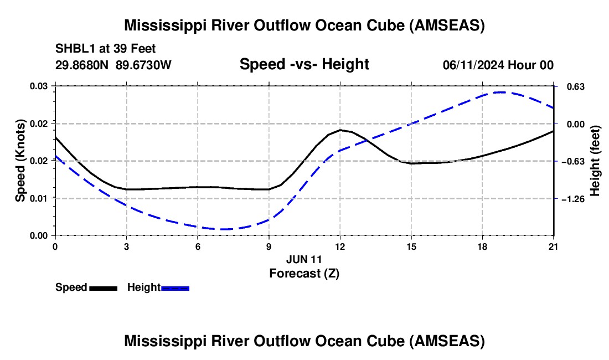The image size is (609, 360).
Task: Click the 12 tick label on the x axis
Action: click(x=340, y=246)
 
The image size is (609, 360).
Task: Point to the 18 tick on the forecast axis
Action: click(x=482, y=246)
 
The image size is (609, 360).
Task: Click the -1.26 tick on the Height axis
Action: click(x=573, y=199)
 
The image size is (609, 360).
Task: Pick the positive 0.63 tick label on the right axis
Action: click(x=576, y=86)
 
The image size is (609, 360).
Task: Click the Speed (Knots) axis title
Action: click(x=20, y=161)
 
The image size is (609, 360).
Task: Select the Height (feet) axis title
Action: click(x=595, y=161)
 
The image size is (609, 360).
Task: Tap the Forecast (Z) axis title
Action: click(x=304, y=274)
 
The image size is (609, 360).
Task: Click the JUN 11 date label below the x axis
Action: click(x=304, y=259)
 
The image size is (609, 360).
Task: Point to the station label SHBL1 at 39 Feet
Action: click(x=105, y=49)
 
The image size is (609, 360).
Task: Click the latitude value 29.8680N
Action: click(x=82, y=65)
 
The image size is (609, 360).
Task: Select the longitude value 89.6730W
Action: click(x=143, y=65)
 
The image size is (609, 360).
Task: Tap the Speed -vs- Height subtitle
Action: click(x=304, y=64)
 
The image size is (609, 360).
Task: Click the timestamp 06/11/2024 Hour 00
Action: click(x=498, y=65)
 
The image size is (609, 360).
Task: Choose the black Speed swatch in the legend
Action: click(x=104, y=288)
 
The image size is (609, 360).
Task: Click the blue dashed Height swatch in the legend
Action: click(x=175, y=288)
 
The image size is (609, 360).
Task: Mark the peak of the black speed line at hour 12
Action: click(x=340, y=130)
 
